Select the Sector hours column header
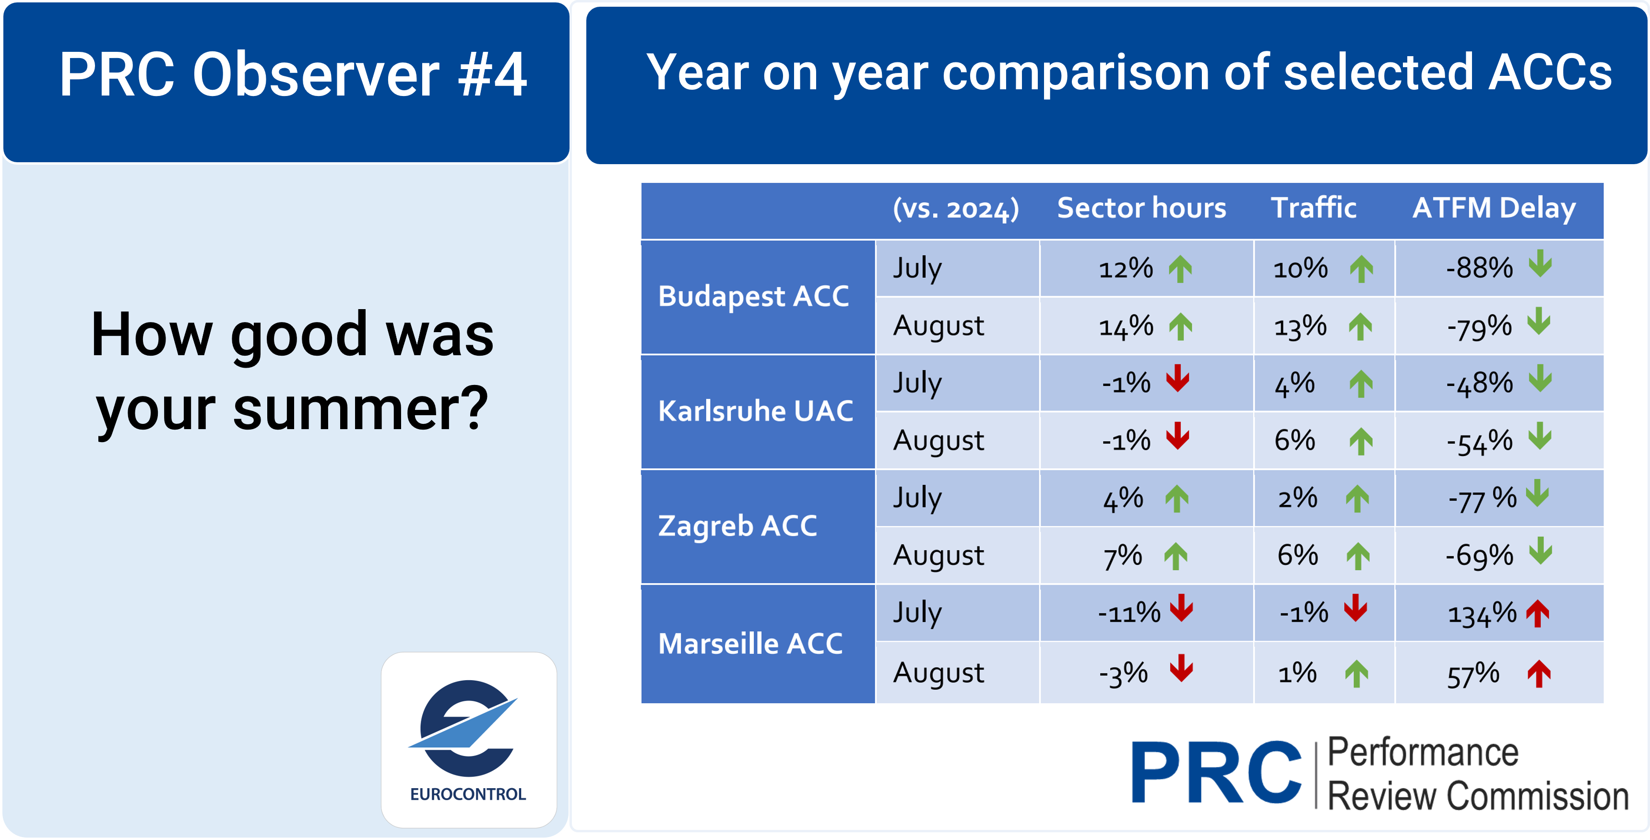point(1141,208)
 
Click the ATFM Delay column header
point(1494,208)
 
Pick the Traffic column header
point(1313,208)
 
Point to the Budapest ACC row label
point(753,297)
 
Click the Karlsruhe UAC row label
point(755,411)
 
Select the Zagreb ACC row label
point(737,526)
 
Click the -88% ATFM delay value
point(1479,268)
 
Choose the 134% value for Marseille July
point(1482,614)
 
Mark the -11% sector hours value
point(1128,613)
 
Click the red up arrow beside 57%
point(1539,674)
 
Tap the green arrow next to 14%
point(1180,327)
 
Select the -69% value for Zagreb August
point(1479,555)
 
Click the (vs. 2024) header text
point(956,209)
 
